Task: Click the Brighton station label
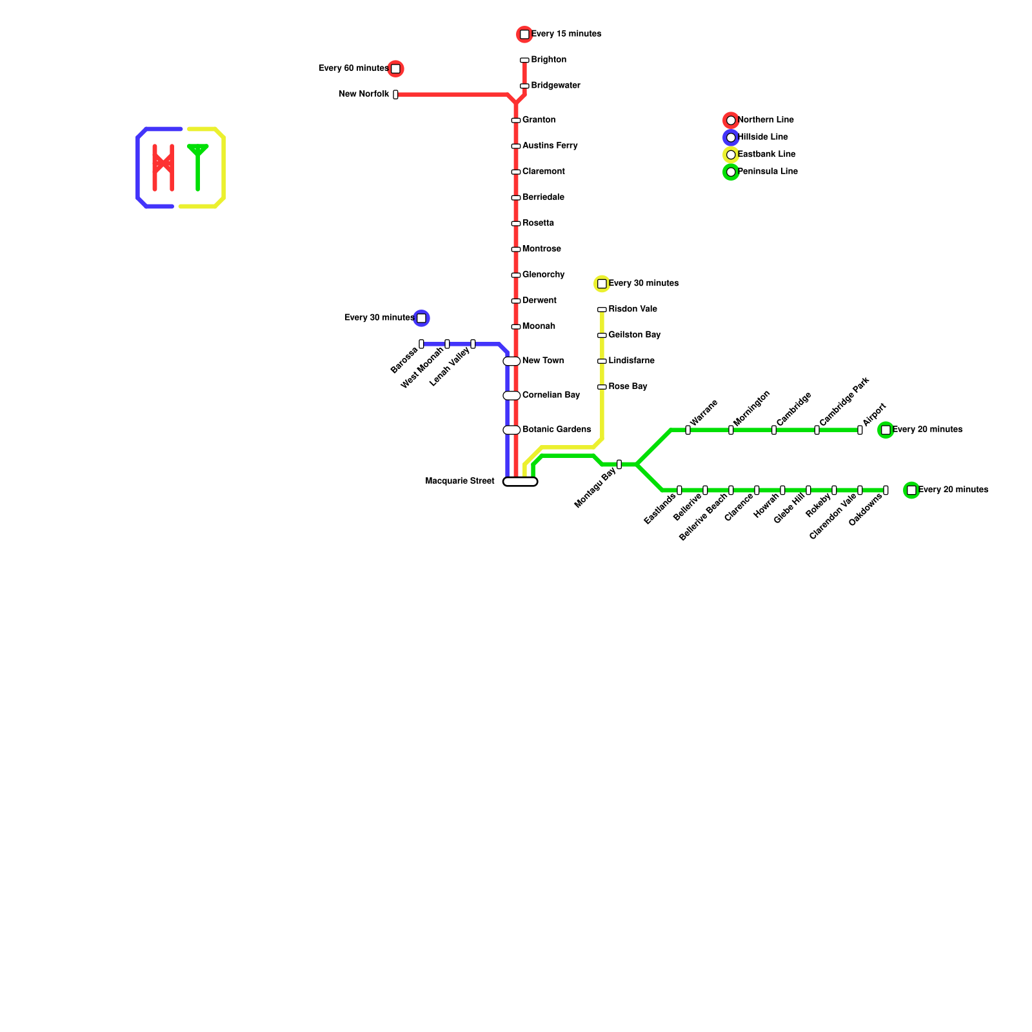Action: (548, 60)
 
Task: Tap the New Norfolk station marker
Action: (395, 94)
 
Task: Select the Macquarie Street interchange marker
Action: (520, 481)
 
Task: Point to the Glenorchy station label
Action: (543, 275)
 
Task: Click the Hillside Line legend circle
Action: (730, 137)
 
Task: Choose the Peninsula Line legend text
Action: (768, 172)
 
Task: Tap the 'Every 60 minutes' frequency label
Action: (353, 68)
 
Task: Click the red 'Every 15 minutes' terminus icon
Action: (524, 34)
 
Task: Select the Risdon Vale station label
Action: (633, 309)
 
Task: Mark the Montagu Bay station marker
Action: (619, 464)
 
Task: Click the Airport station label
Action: (874, 415)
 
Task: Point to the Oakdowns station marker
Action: (886, 490)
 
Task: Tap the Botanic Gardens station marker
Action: (511, 430)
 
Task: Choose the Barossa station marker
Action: (421, 344)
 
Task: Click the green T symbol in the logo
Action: (197, 166)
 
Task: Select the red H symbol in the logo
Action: (163, 168)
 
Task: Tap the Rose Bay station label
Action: (628, 386)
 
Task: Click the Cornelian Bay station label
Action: (551, 395)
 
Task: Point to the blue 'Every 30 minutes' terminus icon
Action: (421, 318)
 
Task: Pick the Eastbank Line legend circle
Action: (730, 155)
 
